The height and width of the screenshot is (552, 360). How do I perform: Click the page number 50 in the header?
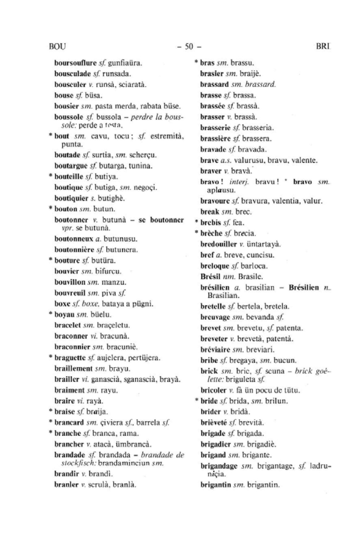click(189, 46)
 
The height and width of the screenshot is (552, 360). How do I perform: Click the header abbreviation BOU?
click(58, 46)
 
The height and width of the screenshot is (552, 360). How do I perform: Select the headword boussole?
click(69, 116)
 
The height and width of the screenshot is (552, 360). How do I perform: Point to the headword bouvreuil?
click(70, 293)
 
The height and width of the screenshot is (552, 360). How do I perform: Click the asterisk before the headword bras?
click(197, 62)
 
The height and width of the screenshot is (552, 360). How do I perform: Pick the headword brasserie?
click(214, 128)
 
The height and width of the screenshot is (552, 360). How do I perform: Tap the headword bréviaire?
click(215, 350)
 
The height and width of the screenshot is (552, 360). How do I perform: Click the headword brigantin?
click(216, 485)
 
